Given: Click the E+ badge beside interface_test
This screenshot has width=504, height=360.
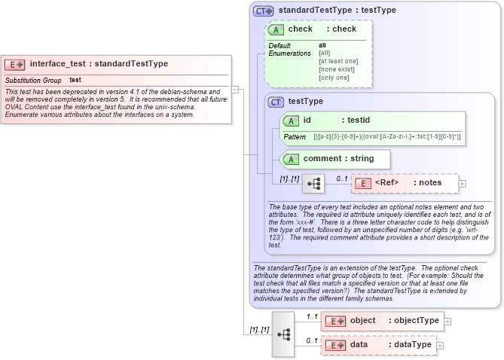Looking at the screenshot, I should click(15, 64).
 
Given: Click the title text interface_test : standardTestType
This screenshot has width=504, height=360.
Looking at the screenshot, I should click(99, 64).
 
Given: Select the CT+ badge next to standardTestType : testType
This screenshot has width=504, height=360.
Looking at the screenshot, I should click(263, 11).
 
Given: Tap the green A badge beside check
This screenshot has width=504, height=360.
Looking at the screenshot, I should click(276, 29).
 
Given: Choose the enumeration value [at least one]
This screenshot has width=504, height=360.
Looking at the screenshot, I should click(338, 61).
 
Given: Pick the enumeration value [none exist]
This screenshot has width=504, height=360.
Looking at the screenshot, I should click(337, 69).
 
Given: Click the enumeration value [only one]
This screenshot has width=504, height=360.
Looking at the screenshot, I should click(334, 78).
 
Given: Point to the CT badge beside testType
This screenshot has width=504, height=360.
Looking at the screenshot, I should click(276, 102).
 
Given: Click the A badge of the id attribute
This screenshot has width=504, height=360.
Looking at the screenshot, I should click(291, 121).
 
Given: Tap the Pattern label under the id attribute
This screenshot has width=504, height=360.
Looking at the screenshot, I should click(295, 137).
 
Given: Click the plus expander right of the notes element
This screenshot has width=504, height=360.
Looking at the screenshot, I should click(463, 183).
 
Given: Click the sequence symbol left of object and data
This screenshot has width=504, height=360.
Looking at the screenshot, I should click(283, 333).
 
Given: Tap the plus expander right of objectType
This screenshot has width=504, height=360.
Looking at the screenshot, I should click(447, 321).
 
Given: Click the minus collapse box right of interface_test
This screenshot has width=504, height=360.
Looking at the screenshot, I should click(235, 89).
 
